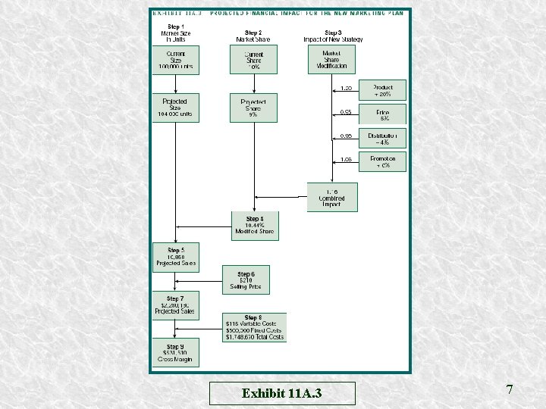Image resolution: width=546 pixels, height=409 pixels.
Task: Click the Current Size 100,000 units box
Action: pos(175,60)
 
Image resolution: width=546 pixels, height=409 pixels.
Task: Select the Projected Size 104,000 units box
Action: pos(175,108)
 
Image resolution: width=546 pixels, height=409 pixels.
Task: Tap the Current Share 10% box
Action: pos(253,60)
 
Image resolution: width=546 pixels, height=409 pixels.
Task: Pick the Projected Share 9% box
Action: pos(253,108)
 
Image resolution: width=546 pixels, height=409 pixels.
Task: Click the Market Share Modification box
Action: pos(331,60)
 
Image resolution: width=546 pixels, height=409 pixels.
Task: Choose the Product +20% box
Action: pos(383,91)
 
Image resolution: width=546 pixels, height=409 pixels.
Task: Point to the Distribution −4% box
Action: pos(383,138)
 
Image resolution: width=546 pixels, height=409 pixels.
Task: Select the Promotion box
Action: pos(383,161)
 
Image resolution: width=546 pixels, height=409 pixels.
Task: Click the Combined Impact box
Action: pos(331,197)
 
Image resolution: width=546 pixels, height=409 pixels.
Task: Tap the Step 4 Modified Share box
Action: pos(255,226)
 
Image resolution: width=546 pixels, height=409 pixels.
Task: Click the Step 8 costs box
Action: pos(255,326)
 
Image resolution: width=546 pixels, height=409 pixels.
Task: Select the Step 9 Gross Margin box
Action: pos(175,352)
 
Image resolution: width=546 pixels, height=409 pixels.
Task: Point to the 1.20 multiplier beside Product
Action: pos(346,88)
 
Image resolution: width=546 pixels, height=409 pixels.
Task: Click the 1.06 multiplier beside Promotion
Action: pos(346,159)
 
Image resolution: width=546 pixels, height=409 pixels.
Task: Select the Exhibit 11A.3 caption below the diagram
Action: pos(281,393)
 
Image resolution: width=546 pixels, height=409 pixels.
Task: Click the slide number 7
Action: pos(510,389)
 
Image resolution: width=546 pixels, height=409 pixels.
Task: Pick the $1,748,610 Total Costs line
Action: pos(255,336)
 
